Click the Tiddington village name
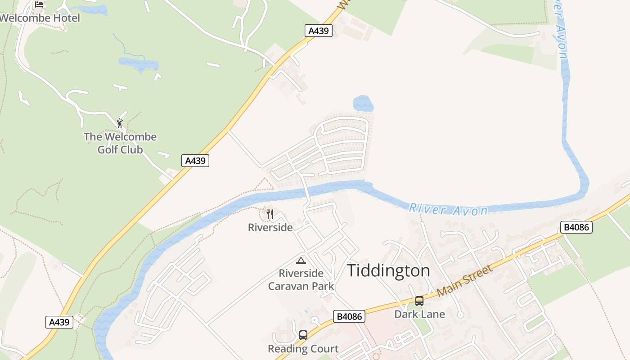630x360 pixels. point(388,271)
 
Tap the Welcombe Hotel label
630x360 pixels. point(40,18)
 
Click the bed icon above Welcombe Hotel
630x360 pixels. point(39,4)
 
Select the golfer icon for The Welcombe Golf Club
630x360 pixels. point(120,123)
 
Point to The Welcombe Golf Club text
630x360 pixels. point(120,143)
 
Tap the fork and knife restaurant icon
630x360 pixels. point(270,214)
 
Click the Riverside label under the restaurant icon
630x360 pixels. point(270,228)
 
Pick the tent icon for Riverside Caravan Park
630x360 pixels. point(301,261)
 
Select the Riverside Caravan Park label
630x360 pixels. point(301,279)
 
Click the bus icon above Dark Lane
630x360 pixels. point(419,301)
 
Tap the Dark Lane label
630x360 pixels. point(419,314)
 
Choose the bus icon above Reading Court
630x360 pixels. point(303,335)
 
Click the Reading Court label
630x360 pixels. point(303,349)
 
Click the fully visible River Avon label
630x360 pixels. point(448,210)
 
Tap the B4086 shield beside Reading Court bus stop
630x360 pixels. point(350,316)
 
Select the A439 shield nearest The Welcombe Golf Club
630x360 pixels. point(195,161)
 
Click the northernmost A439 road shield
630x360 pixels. point(319,31)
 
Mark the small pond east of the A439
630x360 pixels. point(363,103)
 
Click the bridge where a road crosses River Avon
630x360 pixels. point(307,193)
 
